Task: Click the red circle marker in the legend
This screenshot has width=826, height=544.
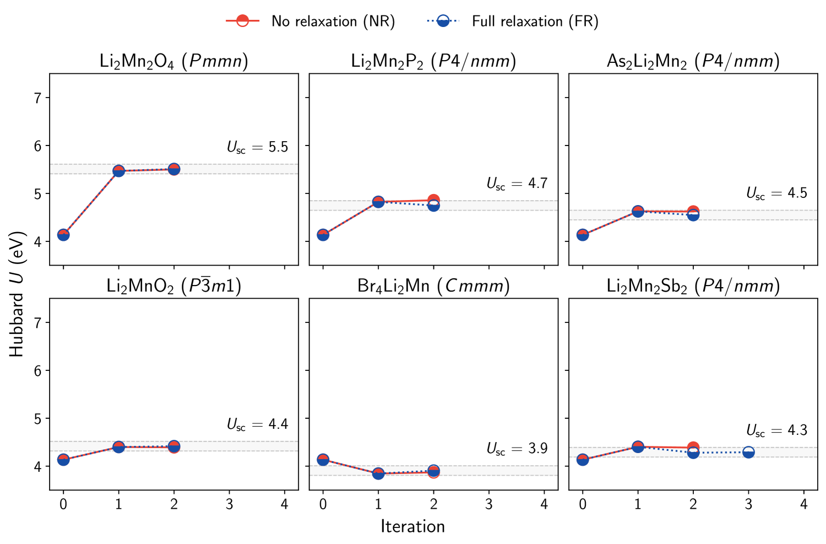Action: coord(243,21)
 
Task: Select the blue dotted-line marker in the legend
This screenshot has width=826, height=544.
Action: coord(443,21)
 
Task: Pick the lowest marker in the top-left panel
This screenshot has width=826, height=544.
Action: coord(63,235)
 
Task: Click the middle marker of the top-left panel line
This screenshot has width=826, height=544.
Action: coord(118,171)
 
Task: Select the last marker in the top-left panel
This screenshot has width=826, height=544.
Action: coord(174,169)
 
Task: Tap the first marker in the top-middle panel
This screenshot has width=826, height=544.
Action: coord(323,235)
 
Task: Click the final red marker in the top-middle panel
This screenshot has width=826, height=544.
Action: coord(433,199)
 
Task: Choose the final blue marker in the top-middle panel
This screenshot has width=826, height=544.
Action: coord(433,206)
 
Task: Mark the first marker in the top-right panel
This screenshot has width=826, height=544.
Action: coord(583,235)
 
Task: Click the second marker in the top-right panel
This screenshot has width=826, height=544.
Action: coord(638,211)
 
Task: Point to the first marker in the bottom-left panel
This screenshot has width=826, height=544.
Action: coord(63,460)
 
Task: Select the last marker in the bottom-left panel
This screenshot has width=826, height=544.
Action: coord(174,446)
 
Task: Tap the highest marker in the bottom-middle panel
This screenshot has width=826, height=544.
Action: coord(323,460)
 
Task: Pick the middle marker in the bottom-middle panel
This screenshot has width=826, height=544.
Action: coord(378,473)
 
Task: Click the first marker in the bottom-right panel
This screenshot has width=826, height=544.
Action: coord(583,460)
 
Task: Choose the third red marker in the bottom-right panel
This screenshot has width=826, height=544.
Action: coord(693,446)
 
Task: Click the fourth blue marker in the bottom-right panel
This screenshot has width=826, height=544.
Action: coord(748,453)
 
